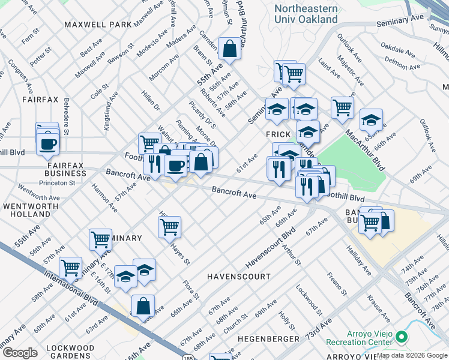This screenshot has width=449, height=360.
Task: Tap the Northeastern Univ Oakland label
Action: (x=306, y=14)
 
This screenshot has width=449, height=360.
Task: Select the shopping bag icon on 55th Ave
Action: (x=229, y=47)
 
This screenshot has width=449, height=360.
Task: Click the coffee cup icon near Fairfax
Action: (x=47, y=144)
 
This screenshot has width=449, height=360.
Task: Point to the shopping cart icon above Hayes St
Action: (x=170, y=227)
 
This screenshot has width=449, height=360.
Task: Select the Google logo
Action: (x=20, y=353)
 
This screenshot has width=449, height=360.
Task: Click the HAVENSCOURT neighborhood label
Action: (x=238, y=277)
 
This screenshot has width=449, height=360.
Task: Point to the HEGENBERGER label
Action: (x=268, y=339)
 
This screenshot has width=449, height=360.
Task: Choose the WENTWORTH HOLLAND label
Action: (x=27, y=210)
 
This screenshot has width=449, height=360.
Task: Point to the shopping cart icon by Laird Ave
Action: (x=342, y=108)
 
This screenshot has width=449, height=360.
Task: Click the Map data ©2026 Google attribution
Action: (x=411, y=355)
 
